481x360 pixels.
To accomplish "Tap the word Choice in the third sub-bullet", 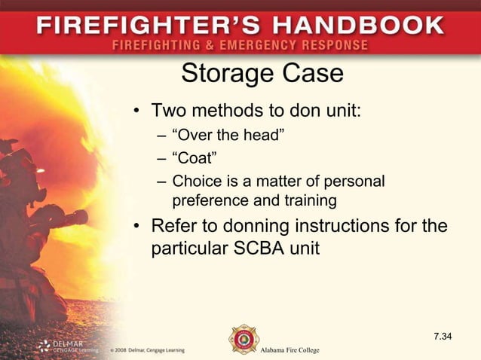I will click(195, 182).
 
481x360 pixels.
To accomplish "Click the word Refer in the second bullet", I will click(174, 226).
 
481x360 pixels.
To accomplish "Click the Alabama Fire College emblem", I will click(244, 340).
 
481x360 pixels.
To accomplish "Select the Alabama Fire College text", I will click(290, 351).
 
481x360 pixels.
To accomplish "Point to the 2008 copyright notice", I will click(147, 350).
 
